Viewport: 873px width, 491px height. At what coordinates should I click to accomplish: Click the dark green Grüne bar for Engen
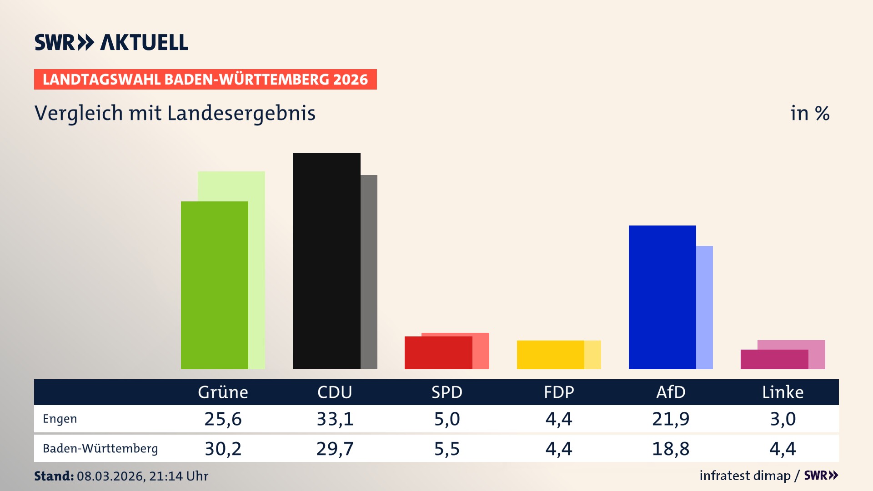[215, 285]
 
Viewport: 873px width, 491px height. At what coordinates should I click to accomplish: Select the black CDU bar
[326, 261]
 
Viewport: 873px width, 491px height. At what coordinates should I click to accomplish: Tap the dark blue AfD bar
[662, 297]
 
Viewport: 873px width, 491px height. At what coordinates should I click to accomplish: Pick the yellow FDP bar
[550, 355]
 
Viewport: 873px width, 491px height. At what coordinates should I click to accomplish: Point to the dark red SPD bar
[438, 353]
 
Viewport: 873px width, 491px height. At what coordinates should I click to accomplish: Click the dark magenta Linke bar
[774, 359]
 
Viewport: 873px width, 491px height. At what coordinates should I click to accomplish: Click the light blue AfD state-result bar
[704, 307]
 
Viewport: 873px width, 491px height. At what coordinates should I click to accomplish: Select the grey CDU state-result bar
[369, 272]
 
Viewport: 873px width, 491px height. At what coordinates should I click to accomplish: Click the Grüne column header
[223, 392]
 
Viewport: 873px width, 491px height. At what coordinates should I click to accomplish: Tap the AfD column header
[671, 392]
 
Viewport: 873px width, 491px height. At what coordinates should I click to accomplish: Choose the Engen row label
[60, 419]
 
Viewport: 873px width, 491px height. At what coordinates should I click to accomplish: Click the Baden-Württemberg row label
[100, 448]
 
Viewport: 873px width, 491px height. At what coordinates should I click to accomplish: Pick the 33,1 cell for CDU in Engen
[335, 419]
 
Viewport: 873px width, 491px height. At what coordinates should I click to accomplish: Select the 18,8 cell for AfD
[671, 449]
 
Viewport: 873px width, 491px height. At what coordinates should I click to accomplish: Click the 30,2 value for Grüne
[223, 449]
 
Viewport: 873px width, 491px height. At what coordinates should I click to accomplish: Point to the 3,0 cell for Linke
[783, 419]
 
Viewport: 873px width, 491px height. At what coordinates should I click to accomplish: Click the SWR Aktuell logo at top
[111, 42]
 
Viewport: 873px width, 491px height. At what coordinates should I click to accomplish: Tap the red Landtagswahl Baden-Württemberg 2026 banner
[205, 79]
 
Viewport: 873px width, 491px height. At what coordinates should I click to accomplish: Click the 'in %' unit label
[809, 113]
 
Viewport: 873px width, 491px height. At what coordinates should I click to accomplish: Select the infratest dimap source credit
[745, 476]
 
